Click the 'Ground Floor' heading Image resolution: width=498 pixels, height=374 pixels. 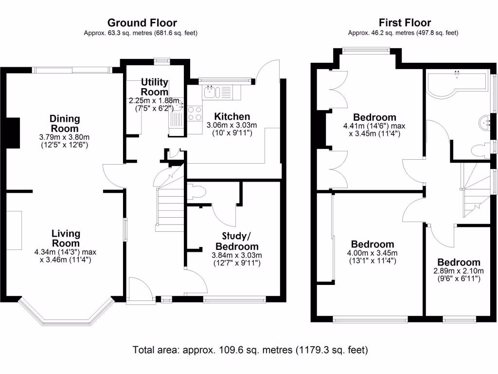pyautogui.click(x=142, y=22)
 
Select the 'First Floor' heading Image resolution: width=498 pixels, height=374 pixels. pyautogui.click(x=405, y=22)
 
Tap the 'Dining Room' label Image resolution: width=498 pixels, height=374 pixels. pyautogui.click(x=65, y=124)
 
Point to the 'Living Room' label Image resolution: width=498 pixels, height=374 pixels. pyautogui.click(x=66, y=239)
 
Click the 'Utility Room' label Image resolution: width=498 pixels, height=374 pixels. pyautogui.click(x=155, y=87)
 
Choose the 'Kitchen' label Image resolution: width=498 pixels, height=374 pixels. pyautogui.click(x=232, y=116)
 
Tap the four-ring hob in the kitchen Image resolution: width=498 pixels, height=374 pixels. pyautogui.click(x=195, y=113)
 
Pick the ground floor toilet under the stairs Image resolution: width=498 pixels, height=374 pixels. pyautogui.click(x=196, y=192)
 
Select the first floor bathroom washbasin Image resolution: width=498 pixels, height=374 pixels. pyautogui.click(x=485, y=122)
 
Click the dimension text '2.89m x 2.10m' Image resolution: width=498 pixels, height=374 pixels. pyautogui.click(x=459, y=271)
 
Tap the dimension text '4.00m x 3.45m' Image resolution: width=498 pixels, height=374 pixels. pyautogui.click(x=373, y=253)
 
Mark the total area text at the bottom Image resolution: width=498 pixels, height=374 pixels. pyautogui.click(x=250, y=350)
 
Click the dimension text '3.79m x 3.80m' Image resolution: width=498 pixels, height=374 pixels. pyautogui.click(x=65, y=137)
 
